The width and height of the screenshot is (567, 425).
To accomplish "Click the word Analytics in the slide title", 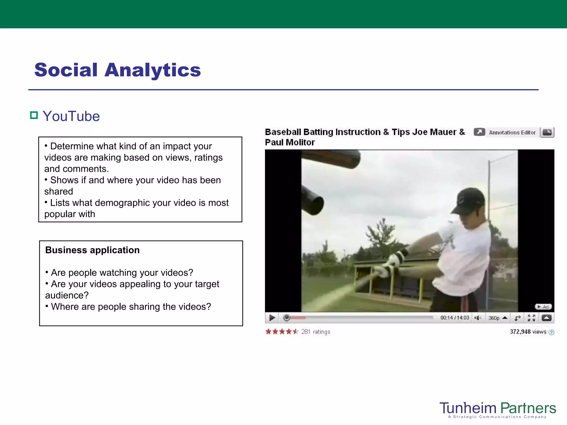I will point(153,70).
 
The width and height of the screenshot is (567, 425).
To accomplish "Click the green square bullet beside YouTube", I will point(34,115).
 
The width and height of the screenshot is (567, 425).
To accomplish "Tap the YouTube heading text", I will point(71,116).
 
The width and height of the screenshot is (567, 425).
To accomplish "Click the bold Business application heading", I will point(92,250).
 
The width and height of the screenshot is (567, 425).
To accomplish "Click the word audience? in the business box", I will point(67,296).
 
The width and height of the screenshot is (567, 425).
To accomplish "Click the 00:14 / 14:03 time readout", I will point(455,318).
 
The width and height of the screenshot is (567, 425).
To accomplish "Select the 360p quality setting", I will point(494,318).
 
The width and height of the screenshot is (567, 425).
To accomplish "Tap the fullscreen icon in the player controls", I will point(531,318).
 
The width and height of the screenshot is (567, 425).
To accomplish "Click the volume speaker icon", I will point(478,318).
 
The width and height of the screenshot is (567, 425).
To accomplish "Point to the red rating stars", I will point(281,331).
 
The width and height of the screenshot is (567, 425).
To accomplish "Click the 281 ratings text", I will point(316,332).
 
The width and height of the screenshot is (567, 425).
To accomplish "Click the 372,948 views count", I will point(528,332).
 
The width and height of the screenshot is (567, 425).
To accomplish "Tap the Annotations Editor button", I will point(512,133).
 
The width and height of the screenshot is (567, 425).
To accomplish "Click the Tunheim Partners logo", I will point(498,409).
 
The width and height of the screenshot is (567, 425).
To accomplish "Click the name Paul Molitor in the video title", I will point(290,142).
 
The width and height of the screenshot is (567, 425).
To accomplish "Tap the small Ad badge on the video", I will point(543,307).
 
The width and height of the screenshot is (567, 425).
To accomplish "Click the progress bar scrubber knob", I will point(287,318).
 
